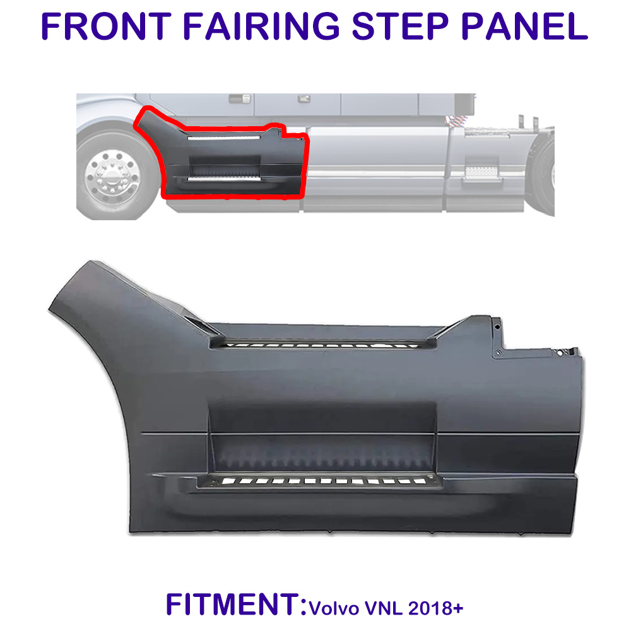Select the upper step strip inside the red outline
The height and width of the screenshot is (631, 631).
[x=223, y=136]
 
